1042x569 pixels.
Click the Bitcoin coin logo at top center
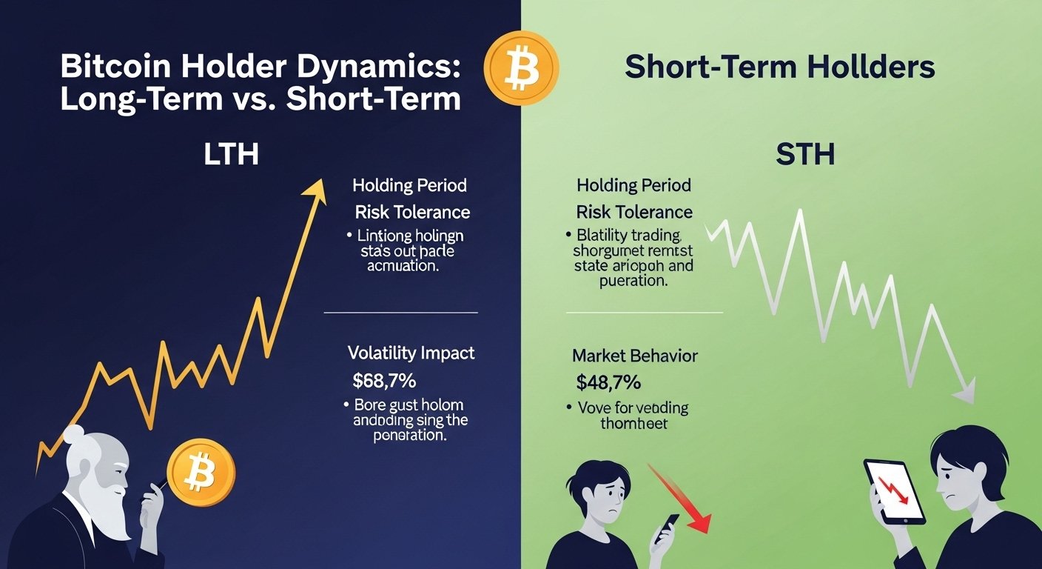tap(521, 68)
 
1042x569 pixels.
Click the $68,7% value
tap(385, 382)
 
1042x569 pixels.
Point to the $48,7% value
tap(608, 383)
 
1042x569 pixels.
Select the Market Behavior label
tap(634, 356)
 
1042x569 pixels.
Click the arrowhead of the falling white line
tap(964, 396)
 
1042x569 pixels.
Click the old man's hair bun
tap(74, 435)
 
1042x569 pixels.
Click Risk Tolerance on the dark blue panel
tap(412, 212)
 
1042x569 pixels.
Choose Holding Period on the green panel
tap(633, 184)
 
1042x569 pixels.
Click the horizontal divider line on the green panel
tap(644, 313)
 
